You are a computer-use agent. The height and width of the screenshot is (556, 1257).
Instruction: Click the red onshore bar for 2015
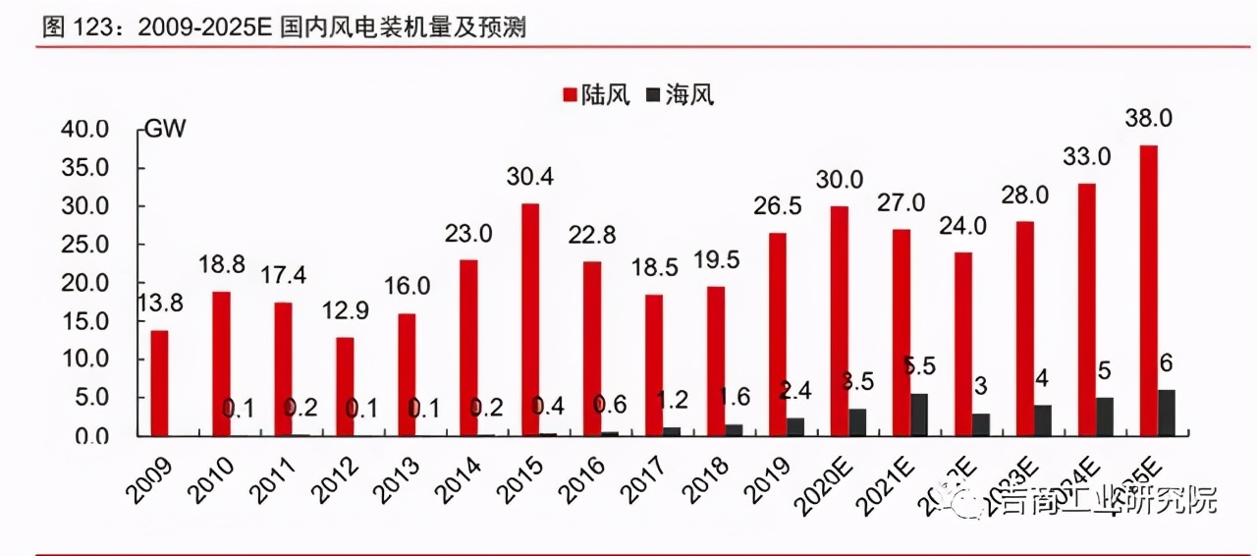click(x=530, y=319)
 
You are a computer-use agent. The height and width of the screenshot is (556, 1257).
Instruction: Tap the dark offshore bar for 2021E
click(x=919, y=415)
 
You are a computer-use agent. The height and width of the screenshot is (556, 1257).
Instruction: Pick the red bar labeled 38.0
click(x=1148, y=291)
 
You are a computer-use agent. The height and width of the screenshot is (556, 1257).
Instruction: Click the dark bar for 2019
click(x=795, y=426)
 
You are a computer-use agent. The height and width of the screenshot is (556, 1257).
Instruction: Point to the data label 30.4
click(x=530, y=178)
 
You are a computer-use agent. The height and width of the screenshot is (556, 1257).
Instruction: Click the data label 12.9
click(x=345, y=312)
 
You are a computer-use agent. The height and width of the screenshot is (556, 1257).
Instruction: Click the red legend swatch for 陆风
click(x=569, y=95)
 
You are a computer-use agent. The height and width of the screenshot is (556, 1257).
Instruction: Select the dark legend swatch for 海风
click(x=653, y=95)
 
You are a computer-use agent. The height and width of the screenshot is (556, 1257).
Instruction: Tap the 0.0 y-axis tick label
click(x=92, y=436)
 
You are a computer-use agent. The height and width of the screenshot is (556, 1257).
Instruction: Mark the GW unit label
click(x=165, y=129)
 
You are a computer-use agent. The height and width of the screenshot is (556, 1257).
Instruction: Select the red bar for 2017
click(x=654, y=364)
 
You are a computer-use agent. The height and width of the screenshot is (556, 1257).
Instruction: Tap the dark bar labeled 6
click(x=1167, y=413)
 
